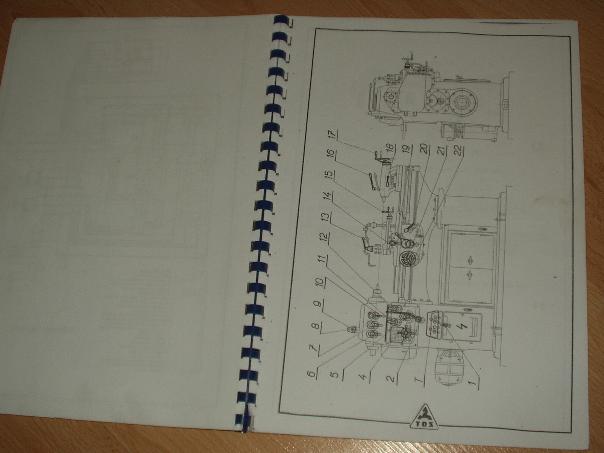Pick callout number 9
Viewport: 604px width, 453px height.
[317, 304]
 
